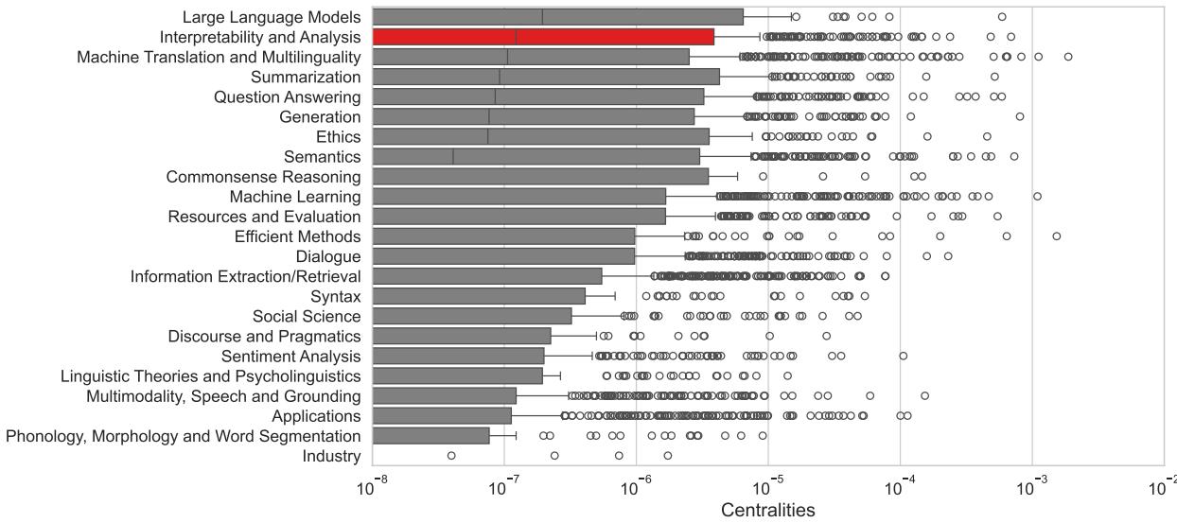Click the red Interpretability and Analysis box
543,37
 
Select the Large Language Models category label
271,17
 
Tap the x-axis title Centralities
767,510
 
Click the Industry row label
331,456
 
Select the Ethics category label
339,137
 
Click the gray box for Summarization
546,77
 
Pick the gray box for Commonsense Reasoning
540,177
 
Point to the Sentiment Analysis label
290,357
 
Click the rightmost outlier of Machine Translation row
1068,57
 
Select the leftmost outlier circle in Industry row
451,456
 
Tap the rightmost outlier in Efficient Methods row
1057,235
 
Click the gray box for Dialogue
503,256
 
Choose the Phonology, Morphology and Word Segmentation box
430,436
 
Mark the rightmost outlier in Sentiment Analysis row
904,356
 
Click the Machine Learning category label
294,197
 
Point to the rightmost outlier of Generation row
1020,116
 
